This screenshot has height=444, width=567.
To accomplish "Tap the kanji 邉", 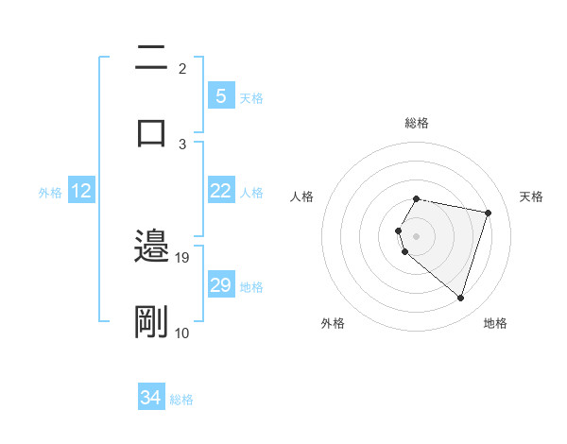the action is coord(151,248).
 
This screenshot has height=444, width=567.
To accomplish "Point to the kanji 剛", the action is coord(151,322).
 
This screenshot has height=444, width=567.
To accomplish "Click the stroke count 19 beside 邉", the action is coord(182,257).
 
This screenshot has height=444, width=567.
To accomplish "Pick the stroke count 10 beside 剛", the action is coord(182,333).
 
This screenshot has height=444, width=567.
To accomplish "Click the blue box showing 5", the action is coord(220,96).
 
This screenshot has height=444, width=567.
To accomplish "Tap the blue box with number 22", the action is coord(220,191).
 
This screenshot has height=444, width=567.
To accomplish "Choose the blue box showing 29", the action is coord(220,285).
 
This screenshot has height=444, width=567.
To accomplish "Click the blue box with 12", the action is coord(81,191).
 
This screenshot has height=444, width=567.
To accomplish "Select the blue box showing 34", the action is coord(151,399).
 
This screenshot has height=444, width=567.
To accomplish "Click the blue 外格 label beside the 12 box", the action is coord(50,192).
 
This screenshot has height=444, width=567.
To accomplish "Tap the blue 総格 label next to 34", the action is coord(181,400).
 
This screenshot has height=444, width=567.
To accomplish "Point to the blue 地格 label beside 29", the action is coord(251,286).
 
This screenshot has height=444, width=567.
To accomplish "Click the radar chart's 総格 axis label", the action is coord(417,123).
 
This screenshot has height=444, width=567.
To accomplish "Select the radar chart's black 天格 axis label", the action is coord(532,196).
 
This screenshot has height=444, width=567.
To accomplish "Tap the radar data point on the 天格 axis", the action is coord(488,213).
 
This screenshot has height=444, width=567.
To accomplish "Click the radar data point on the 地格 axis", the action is coord(460,298).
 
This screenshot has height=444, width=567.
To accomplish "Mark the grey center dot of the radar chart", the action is coord(417,235).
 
